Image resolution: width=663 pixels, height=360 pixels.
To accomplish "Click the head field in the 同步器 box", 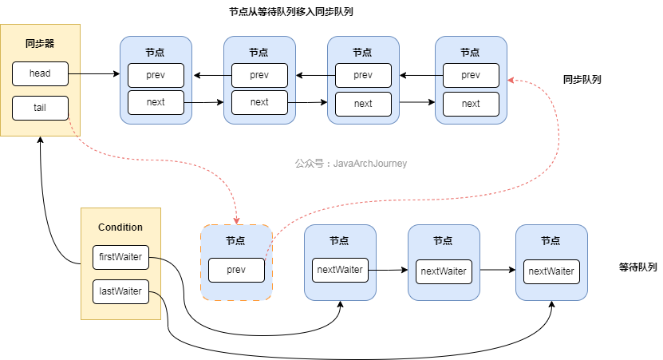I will (40, 74).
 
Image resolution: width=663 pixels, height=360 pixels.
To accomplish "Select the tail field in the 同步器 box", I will (40, 108).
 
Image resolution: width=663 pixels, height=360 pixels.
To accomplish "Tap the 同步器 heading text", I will (39, 43).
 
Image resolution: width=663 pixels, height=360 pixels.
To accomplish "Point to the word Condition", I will (120, 227).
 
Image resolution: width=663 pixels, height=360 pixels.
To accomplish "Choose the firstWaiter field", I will (120, 258).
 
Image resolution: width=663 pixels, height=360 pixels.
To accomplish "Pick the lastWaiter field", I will (120, 291).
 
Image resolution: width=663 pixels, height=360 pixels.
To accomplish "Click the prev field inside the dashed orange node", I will (236, 270).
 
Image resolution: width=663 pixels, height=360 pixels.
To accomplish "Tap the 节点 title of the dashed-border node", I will (235, 240).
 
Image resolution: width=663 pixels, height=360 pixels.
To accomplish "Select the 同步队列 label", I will (582, 80).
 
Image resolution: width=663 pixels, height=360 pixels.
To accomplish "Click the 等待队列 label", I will (637, 267).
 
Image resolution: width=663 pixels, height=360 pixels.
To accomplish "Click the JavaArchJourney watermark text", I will (351, 164).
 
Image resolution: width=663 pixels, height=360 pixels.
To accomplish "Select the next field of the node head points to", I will (156, 102).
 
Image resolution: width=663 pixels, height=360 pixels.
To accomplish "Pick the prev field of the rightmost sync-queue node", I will (471, 75).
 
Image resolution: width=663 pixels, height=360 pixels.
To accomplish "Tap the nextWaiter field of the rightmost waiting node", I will (551, 271).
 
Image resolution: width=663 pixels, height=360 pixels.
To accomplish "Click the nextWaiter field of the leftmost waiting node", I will (339, 270).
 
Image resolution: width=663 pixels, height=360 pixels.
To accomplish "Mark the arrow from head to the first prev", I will (93, 75).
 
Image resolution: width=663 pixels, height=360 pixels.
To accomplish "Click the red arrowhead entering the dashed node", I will (236, 220).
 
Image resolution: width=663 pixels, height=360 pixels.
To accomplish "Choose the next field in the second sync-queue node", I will (259, 102).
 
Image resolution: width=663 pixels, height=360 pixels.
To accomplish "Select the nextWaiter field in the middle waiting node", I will (443, 271).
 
